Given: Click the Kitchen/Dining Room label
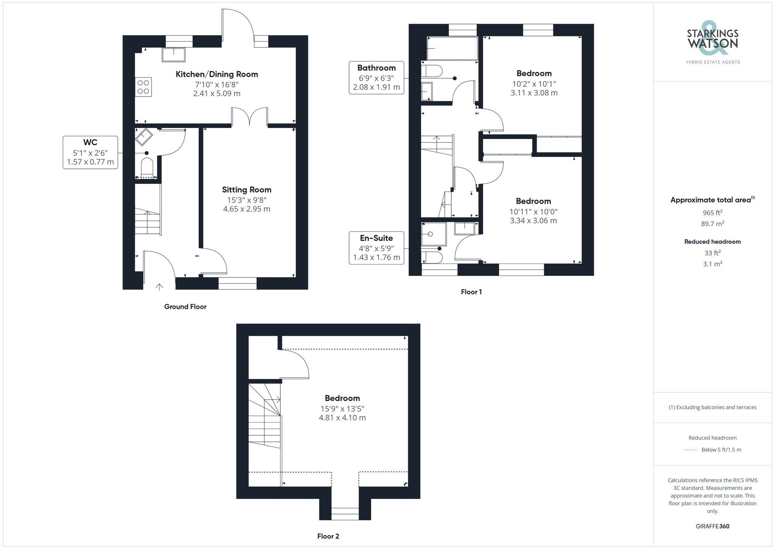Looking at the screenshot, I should [217, 74].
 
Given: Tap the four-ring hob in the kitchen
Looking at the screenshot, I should [143, 87].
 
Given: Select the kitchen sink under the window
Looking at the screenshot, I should [174, 54].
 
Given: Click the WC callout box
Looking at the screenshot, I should [90, 152].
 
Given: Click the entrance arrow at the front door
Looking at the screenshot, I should [159, 287].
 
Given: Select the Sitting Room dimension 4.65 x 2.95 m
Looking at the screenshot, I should [246, 209].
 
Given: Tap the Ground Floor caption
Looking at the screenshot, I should [185, 307].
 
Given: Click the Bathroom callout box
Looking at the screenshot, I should [376, 78].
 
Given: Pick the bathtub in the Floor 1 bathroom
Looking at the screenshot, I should [452, 48].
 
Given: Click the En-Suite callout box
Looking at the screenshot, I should [376, 248].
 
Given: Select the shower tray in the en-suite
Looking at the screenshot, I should [434, 234].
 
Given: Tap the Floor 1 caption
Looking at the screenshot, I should [471, 292].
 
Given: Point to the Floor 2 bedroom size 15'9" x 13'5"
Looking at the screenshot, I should [342, 409].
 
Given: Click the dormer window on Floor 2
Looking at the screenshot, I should [345, 514].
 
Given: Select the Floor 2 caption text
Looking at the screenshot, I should [328, 536].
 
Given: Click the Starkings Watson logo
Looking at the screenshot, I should [712, 42].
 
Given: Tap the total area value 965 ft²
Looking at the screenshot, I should [712, 213].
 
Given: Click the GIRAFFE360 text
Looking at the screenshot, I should [712, 526].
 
